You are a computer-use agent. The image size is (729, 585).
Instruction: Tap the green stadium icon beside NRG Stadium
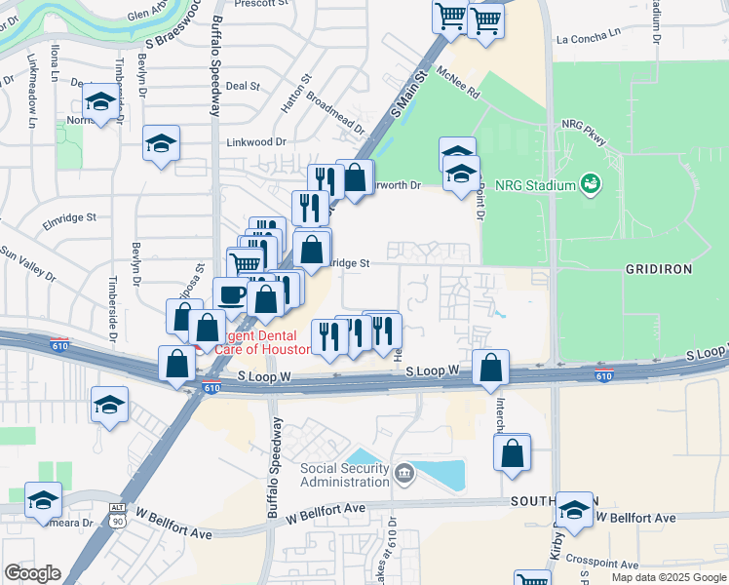tap(589, 183)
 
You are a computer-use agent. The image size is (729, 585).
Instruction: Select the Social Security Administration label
tap(344, 476)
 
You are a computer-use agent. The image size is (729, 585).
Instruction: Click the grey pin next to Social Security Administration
tap(405, 475)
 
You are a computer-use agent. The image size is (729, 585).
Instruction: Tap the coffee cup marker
tap(230, 293)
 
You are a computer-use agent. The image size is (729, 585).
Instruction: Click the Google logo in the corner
tap(32, 573)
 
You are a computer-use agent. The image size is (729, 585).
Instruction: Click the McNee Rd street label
tap(459, 86)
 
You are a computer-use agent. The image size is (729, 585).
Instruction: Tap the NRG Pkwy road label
tap(584, 133)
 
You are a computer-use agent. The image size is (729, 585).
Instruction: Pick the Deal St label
tap(241, 86)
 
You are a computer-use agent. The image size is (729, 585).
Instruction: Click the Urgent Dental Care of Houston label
tap(255, 342)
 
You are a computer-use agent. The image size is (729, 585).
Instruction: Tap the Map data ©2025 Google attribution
tap(668, 577)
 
